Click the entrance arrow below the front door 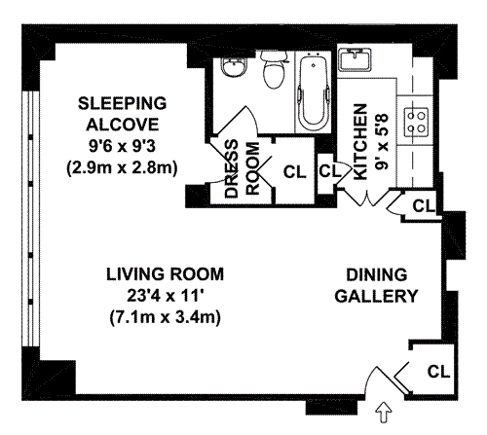coord(384,413)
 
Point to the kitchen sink coord(355,59)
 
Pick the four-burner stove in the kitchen coord(416,123)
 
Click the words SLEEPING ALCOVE coord(123,114)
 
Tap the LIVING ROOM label coord(165,274)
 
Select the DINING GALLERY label coord(376,285)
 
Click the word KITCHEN coord(360,142)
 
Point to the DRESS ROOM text coord(243,168)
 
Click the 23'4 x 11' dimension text coord(165,296)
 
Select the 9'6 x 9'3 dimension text coord(123,146)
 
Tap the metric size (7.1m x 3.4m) coord(166,317)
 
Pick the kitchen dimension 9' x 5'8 coord(382,142)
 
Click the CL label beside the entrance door coord(438,372)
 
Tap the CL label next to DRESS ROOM coord(295,172)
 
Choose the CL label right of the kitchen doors coord(424,205)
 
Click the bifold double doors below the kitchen coord(367,198)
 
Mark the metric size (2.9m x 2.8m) coord(122,168)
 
